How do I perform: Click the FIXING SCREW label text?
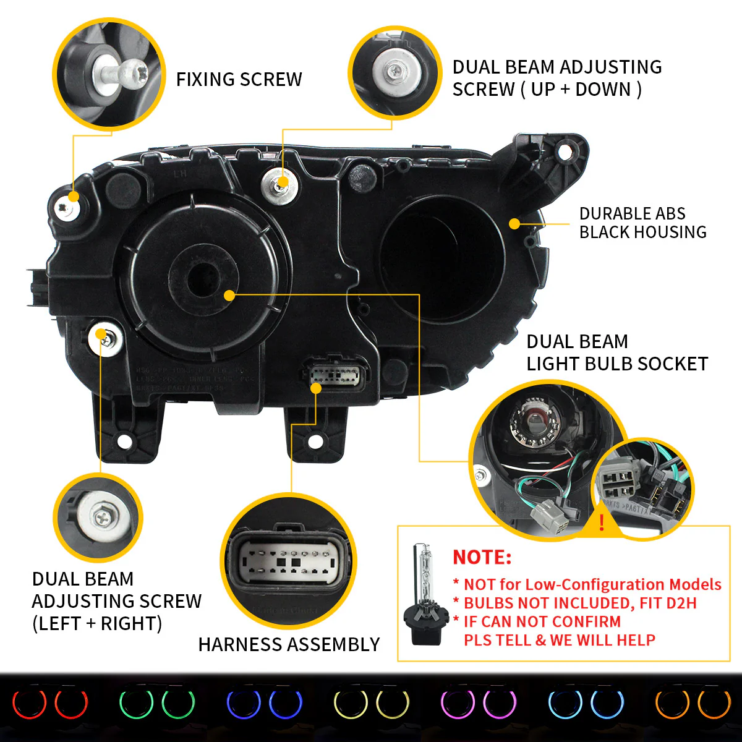(x=239, y=80)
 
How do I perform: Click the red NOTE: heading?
(x=482, y=557)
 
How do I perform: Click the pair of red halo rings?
(x=51, y=704)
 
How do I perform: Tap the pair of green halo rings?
(x=157, y=704)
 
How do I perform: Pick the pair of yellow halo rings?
(x=371, y=704)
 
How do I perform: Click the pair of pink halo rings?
(x=477, y=704)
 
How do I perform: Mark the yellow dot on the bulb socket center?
(x=229, y=296)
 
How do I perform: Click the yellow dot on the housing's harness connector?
(x=316, y=388)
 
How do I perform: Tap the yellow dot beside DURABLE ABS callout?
(x=514, y=224)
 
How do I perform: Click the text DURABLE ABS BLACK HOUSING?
(x=642, y=223)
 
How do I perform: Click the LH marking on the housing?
(x=179, y=174)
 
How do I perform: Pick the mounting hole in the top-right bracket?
(x=564, y=150)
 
